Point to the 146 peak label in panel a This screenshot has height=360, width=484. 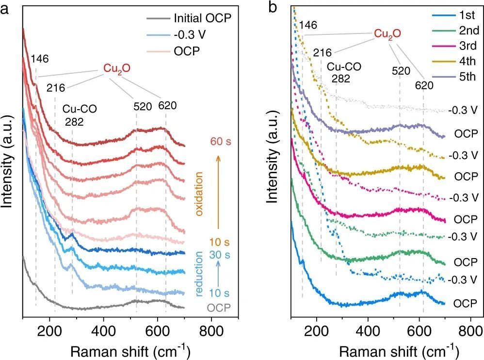click(40, 59)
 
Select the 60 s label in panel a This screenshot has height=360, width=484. click(220, 142)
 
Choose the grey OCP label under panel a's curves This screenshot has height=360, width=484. click(219, 308)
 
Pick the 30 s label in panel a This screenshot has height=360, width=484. click(220, 254)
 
